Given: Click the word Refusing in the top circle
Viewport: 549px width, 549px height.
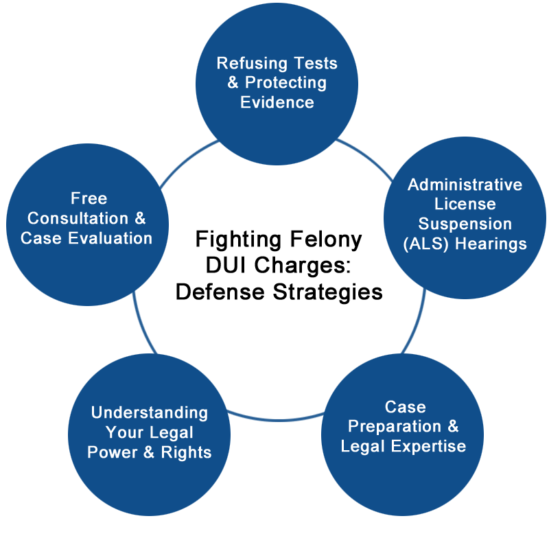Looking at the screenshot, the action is click(x=252, y=64).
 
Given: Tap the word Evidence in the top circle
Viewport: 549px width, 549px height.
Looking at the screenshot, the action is click(x=277, y=102).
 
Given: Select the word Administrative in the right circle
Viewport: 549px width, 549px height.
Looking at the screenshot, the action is click(x=465, y=185).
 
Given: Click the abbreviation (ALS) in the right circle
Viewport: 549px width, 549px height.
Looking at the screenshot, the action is click(x=425, y=244).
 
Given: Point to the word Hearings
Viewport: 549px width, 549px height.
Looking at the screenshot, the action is click(x=491, y=244).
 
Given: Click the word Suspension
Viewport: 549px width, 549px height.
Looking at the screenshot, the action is click(x=465, y=224).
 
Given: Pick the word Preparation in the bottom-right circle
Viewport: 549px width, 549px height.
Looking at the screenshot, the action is click(x=394, y=426).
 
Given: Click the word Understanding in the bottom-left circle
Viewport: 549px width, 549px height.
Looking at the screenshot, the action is click(x=150, y=413).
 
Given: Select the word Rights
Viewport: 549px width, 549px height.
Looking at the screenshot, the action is click(x=186, y=452).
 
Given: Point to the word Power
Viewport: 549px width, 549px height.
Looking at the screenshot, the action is click(x=112, y=452).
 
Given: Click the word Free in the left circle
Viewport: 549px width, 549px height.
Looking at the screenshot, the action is click(x=89, y=198).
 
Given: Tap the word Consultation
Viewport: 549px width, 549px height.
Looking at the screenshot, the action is click(x=78, y=218).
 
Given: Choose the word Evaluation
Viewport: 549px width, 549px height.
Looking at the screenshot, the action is click(x=110, y=238).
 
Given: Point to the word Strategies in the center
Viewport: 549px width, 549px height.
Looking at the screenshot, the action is click(x=328, y=292).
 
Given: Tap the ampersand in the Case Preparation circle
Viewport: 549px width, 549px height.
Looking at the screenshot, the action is click(x=453, y=426).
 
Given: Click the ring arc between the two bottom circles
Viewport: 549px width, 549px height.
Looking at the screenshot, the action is click(x=277, y=420).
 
